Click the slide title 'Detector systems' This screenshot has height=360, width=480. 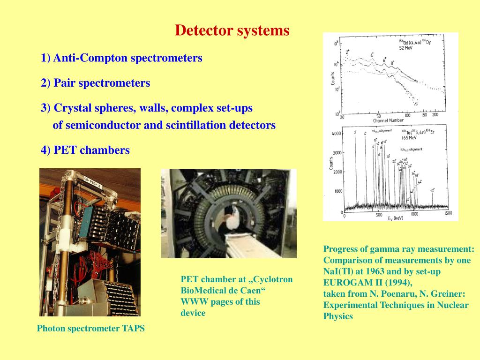(232, 31)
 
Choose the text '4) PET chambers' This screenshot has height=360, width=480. (85, 150)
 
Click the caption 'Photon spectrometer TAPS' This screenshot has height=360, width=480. (90, 329)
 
